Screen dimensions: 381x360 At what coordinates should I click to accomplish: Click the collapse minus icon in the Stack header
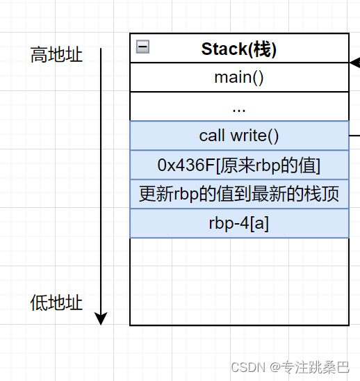[x=142, y=47]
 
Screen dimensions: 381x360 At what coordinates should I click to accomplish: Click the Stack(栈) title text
[x=239, y=49]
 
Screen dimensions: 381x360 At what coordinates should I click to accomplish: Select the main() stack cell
[x=239, y=77]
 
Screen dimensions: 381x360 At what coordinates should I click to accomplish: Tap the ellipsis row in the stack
[x=239, y=106]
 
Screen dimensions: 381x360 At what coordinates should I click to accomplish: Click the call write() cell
[x=239, y=136]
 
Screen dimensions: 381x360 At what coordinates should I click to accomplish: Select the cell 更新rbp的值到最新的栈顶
[x=239, y=194]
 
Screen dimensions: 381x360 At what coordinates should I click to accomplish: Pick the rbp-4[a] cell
[x=239, y=223]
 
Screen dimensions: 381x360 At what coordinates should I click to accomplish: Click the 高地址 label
[x=56, y=54]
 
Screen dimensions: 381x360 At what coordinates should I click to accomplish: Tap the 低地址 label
[x=56, y=302]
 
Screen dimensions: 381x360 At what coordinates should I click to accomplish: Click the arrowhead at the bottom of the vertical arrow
[x=101, y=318]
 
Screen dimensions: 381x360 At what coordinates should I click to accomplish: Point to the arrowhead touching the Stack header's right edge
[x=354, y=63]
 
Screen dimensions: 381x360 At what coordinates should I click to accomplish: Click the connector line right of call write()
[x=354, y=136]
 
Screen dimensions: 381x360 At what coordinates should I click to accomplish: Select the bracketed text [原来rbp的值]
[x=263, y=165]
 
